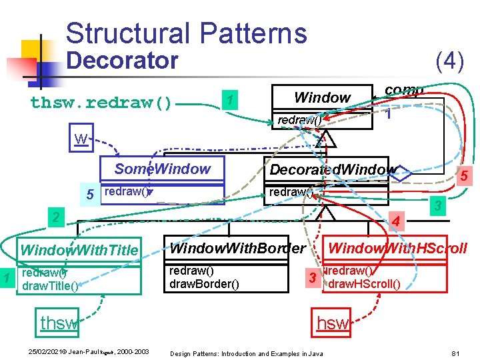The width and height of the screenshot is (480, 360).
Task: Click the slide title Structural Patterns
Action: (x=187, y=33)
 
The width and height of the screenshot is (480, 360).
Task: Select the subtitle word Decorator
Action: (x=123, y=61)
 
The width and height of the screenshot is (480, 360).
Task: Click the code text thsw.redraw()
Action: (x=101, y=103)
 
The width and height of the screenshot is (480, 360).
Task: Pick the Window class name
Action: (x=322, y=97)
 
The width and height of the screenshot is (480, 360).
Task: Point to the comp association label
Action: (x=404, y=90)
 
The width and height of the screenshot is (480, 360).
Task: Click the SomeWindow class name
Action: (x=162, y=169)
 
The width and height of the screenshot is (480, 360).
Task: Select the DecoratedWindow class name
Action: (x=331, y=169)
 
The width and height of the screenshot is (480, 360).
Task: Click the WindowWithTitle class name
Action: (x=79, y=251)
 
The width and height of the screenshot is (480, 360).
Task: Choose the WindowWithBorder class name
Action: (x=238, y=249)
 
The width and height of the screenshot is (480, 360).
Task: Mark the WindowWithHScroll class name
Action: (x=398, y=249)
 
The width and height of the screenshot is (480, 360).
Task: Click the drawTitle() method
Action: (x=51, y=286)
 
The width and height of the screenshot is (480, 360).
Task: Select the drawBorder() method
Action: (x=201, y=284)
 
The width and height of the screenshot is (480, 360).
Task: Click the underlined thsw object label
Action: (x=58, y=323)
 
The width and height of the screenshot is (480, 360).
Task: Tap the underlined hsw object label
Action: (x=333, y=323)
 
